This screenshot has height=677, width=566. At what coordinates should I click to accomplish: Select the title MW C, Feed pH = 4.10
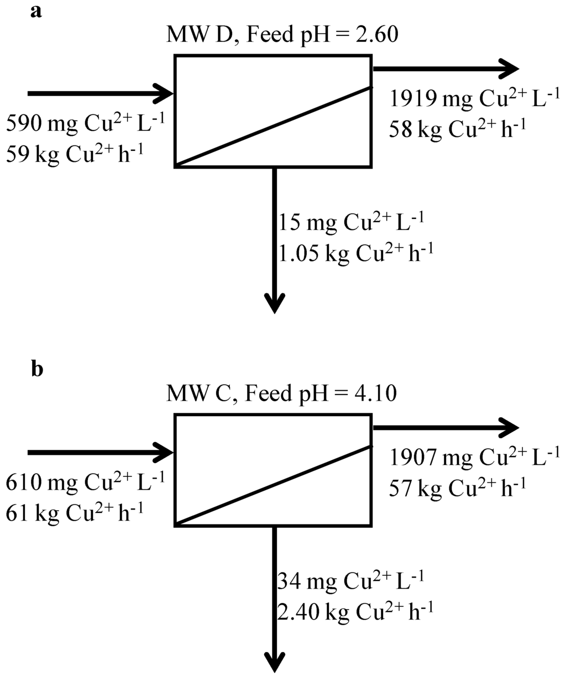281,395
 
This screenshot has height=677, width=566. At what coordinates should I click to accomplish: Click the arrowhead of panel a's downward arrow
275,303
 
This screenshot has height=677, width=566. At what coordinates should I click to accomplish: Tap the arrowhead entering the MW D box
165,93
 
